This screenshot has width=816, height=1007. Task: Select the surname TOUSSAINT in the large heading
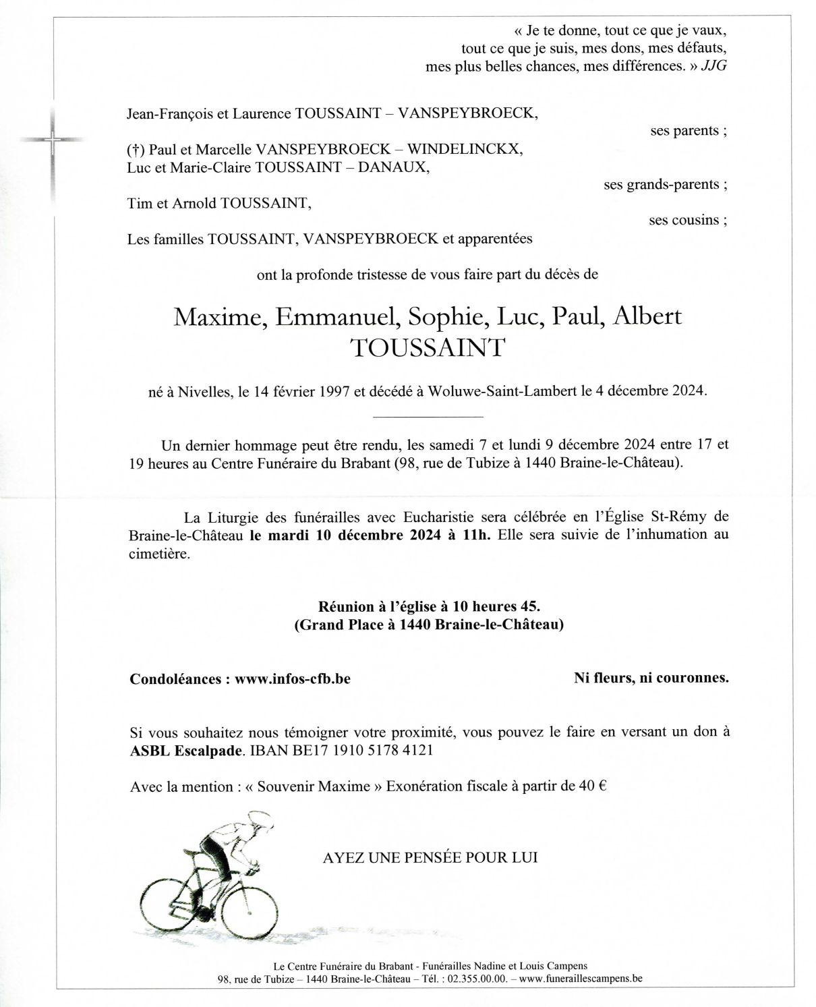coord(428,348)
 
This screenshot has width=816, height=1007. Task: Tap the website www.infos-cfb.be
coord(292,679)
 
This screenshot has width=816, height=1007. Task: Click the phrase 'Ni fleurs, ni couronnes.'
coord(651,678)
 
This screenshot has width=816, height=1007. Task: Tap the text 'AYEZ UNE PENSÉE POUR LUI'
coord(430,858)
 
